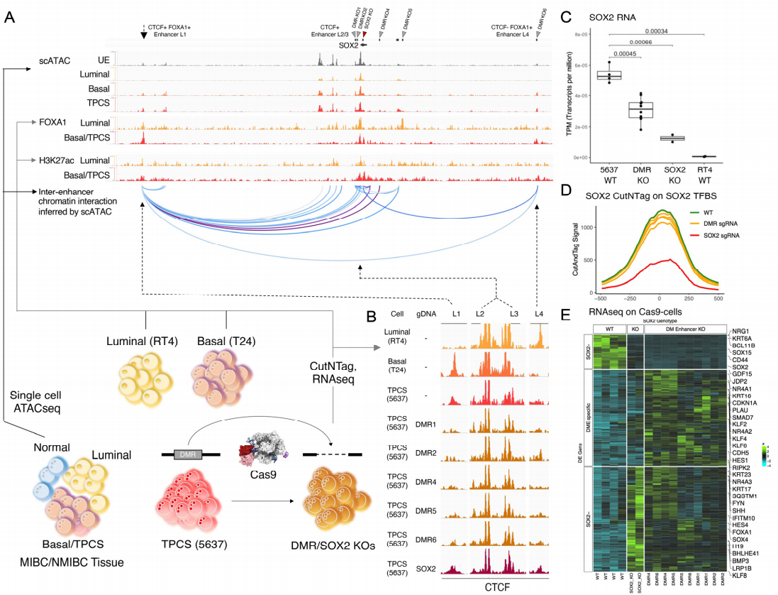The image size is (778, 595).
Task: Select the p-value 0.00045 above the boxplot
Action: (x=628, y=55)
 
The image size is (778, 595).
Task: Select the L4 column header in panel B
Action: (x=539, y=313)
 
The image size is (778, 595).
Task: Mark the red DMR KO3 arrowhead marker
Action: (x=364, y=34)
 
